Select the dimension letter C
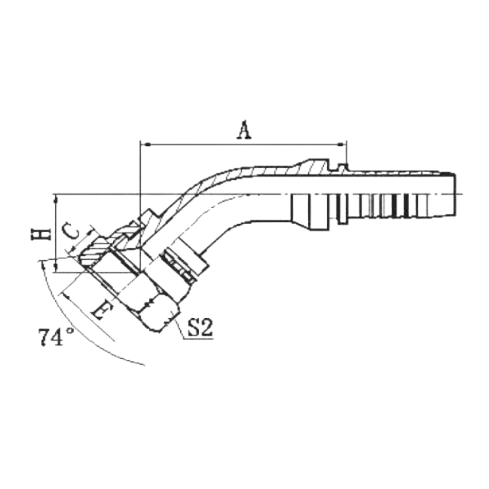point(71,231)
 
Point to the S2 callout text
point(200,327)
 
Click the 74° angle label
point(57,337)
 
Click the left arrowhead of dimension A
point(146,144)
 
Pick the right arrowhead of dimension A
point(342,144)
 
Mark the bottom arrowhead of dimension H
point(56,267)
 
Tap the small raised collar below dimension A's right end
point(343,167)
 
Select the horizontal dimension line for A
point(244,144)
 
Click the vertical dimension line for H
point(56,233)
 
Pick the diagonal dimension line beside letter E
point(88,316)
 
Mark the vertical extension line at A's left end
point(141,207)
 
